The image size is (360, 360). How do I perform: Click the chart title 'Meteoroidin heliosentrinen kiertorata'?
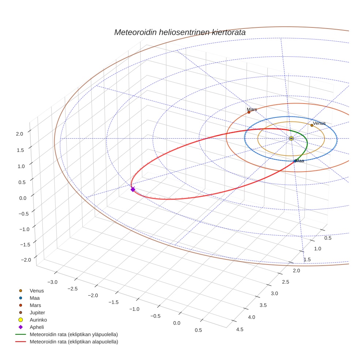[180, 32]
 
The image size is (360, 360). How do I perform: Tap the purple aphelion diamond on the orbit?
[133, 189]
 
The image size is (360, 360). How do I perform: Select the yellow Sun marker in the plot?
[291, 138]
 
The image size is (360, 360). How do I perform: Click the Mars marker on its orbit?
[249, 112]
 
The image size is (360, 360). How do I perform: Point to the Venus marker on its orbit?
[312, 125]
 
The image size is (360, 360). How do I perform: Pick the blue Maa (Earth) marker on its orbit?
[295, 161]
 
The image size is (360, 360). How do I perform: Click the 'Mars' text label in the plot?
[252, 109]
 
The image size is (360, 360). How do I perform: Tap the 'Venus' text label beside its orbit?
[319, 123]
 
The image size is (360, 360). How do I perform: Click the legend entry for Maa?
[35, 298]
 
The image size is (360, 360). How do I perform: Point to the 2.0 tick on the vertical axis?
[20, 134]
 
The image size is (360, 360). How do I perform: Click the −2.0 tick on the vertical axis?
[26, 259]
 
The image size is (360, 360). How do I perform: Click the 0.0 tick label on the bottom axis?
[177, 323]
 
